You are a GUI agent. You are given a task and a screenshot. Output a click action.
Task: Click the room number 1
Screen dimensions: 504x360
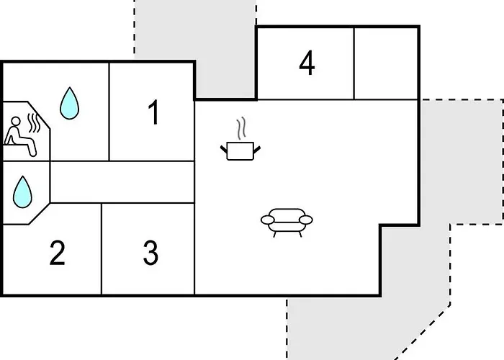tap(154, 112)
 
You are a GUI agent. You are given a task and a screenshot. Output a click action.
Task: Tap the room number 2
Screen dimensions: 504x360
tap(57, 253)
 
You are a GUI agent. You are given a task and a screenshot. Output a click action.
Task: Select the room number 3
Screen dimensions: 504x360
tap(150, 253)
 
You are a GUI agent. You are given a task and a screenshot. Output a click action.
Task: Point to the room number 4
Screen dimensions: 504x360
tap(307, 63)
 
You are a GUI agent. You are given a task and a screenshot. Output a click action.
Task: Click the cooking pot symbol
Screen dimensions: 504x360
tap(240, 150)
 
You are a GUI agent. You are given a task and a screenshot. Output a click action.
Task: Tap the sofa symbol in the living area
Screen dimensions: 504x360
tap(287, 222)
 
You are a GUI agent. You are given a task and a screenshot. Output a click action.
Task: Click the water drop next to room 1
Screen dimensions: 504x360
tap(69, 104)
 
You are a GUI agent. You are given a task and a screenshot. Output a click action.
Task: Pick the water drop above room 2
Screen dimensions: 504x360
tap(22, 192)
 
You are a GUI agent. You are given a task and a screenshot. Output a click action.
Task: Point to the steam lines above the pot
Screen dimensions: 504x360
tap(241, 128)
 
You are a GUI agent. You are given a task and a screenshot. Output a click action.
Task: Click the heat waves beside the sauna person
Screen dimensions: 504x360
tap(34, 123)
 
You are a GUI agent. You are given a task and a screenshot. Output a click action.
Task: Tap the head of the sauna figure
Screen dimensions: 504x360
tap(15, 122)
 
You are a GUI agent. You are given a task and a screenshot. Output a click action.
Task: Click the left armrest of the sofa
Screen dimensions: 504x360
tap(267, 220)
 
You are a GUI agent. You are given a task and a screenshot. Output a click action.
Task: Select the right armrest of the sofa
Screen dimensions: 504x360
tap(306, 220)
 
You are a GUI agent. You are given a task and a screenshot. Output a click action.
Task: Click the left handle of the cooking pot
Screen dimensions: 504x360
tap(224, 149)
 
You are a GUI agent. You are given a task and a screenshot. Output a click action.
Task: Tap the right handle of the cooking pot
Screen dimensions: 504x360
tap(257, 150)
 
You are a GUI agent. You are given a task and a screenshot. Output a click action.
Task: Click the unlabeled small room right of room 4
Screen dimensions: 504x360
tap(386, 63)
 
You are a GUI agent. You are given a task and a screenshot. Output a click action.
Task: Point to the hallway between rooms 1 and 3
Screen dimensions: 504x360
tap(122, 182)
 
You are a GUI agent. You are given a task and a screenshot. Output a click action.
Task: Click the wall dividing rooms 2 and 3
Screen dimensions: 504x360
tap(102, 248)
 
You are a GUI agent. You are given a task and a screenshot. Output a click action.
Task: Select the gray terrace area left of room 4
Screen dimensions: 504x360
tap(225, 48)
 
